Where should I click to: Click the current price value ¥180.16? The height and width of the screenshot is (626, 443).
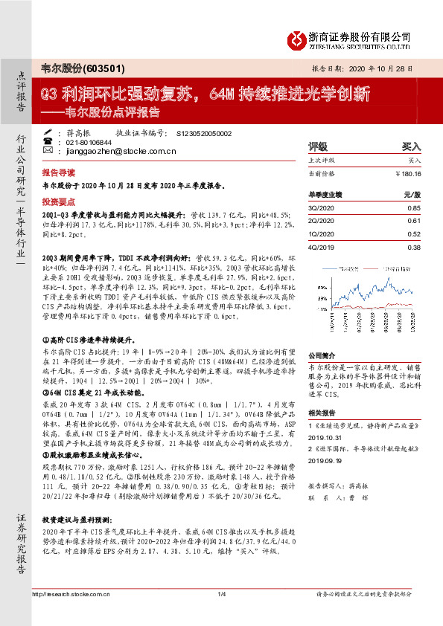pyautogui.click(x=408, y=173)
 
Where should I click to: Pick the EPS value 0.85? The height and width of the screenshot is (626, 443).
pyautogui.click(x=413, y=207)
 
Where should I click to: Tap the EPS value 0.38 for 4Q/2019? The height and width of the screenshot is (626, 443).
pyautogui.click(x=413, y=248)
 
